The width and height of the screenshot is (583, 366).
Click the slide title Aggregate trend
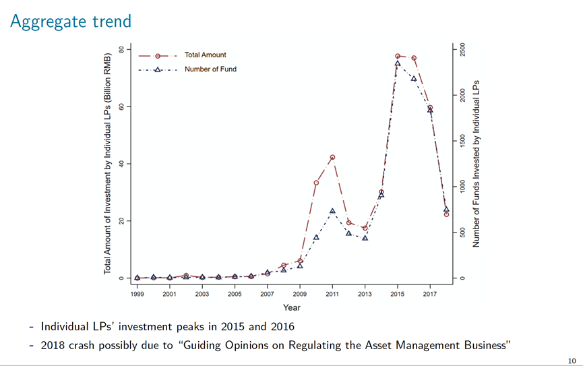[x=70, y=22]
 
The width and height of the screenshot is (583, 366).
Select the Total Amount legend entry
[x=205, y=55]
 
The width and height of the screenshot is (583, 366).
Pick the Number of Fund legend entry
[x=210, y=69]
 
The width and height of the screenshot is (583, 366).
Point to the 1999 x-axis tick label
[x=137, y=295]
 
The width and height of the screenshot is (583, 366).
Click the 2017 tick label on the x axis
[x=430, y=295]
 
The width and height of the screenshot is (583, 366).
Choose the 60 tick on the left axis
[x=121, y=106]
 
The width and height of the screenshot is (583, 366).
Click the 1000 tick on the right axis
[x=463, y=187]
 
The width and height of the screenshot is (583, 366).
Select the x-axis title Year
[x=291, y=308]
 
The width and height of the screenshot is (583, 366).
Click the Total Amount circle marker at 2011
[x=332, y=158]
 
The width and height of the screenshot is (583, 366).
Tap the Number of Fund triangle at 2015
[x=398, y=63]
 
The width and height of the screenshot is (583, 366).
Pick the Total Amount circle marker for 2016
[x=414, y=58]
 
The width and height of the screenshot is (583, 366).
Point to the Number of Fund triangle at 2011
[x=332, y=211]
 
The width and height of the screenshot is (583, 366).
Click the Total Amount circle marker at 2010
[x=316, y=183]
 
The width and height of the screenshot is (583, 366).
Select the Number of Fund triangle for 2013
[x=365, y=237]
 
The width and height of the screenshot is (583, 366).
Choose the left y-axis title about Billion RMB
[x=107, y=162]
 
